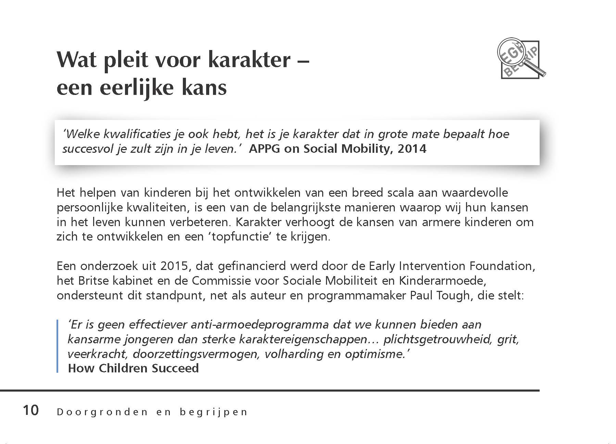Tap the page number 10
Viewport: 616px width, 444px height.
coord(31,410)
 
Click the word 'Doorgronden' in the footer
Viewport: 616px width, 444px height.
coord(102,412)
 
